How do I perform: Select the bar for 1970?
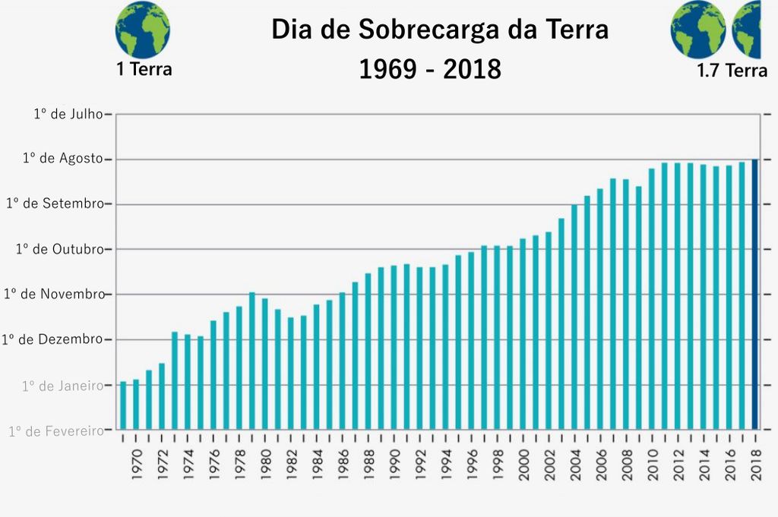coord(136,404)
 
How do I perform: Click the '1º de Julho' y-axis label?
coord(68,114)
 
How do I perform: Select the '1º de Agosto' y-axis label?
coord(62,159)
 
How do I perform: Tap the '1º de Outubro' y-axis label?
coord(59,249)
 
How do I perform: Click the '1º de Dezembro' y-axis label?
coord(52,339)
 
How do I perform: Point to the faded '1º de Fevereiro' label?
coord(56,431)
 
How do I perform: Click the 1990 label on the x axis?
coord(394,460)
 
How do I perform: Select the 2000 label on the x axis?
coord(523,460)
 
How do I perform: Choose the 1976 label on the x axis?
coord(213,460)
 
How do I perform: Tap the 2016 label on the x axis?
coord(729,460)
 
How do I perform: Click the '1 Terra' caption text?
coord(144,69)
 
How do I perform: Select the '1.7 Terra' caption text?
coord(732,71)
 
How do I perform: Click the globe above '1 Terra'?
coord(143,30)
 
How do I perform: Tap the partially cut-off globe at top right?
coord(746,30)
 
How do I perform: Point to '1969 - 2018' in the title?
coord(430,69)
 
